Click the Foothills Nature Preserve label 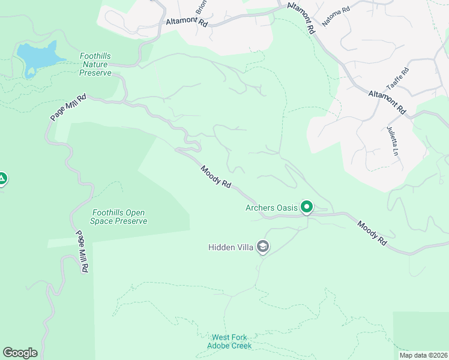[x=95, y=65]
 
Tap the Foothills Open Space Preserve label [x=119, y=217]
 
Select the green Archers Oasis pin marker [x=307, y=208]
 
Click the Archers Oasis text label [x=271, y=208]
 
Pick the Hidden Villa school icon [x=262, y=247]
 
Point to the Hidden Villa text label [x=231, y=247]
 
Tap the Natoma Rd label [x=336, y=17]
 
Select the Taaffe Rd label [x=397, y=79]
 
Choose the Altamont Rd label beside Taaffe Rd [x=387, y=102]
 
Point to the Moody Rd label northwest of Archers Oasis [x=216, y=178]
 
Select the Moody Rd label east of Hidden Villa [x=372, y=233]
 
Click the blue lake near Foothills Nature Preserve [x=39, y=58]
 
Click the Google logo [x=20, y=353]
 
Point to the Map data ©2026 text [x=423, y=355]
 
